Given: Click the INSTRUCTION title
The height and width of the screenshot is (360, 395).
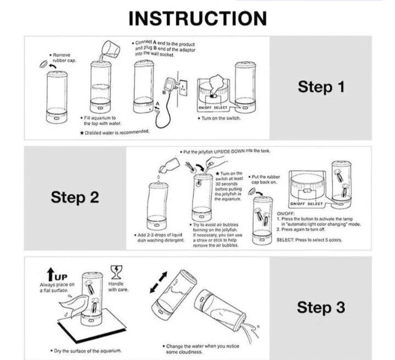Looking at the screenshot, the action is [x=198, y=19].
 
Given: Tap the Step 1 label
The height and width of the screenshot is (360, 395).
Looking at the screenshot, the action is [x=321, y=87].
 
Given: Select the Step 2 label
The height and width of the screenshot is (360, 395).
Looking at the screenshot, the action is [x=75, y=197].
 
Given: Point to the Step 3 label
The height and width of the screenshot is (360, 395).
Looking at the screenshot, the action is [x=321, y=308].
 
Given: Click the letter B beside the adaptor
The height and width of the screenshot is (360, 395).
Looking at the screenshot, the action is [x=164, y=93].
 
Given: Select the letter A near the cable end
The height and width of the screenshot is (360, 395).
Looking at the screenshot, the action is [x=157, y=104].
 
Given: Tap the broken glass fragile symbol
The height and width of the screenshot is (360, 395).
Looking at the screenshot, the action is [x=116, y=272].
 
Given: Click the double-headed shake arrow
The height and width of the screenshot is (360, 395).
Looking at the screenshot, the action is [x=159, y=282].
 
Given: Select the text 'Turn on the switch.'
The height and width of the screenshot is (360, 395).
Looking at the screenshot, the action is [x=219, y=118].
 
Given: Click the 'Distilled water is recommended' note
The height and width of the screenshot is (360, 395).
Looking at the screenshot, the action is [x=115, y=132].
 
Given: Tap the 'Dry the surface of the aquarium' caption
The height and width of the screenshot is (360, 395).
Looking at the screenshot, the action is [x=86, y=351].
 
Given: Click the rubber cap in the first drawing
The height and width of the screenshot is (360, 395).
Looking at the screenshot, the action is [x=43, y=64].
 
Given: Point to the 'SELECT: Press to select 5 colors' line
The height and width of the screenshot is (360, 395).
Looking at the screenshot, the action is [x=309, y=240].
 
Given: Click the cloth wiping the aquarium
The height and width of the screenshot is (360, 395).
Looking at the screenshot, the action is [x=73, y=305].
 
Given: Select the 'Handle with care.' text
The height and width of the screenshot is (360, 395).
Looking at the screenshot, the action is [x=118, y=286].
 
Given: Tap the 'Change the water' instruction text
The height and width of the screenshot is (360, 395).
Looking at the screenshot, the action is [x=201, y=349].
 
